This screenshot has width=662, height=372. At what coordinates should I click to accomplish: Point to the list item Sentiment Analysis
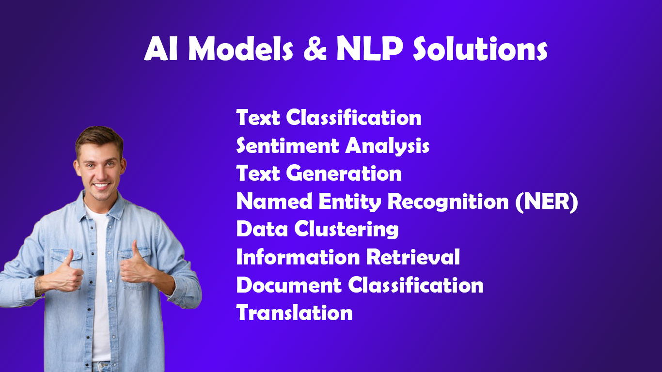click(332, 146)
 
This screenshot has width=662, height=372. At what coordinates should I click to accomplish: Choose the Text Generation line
click(318, 173)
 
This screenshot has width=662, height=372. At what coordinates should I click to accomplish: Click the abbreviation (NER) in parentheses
click(547, 201)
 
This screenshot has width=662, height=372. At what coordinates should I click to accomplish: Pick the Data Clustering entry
click(317, 229)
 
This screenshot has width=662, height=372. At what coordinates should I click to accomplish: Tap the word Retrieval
click(412, 257)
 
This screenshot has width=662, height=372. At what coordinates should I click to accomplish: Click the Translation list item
click(294, 313)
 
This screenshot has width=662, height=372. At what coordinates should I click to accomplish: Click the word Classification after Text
click(353, 118)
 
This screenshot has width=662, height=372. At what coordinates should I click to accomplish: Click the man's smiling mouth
click(101, 186)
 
